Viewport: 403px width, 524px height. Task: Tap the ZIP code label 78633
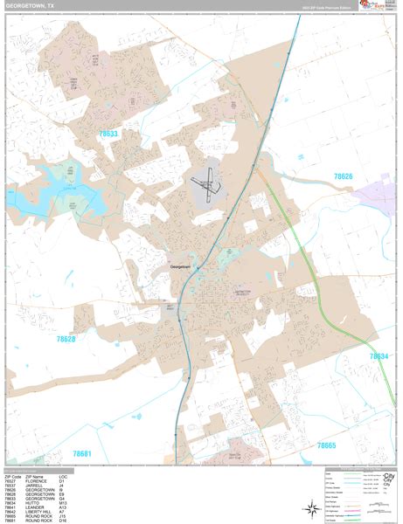click(x=109, y=134)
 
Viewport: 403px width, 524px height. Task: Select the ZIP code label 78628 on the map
click(x=66, y=339)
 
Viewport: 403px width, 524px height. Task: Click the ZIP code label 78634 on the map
click(x=378, y=356)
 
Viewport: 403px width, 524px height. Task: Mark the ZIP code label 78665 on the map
click(x=325, y=445)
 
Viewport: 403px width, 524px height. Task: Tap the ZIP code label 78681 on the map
click(x=82, y=453)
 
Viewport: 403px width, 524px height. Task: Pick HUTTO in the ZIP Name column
click(x=33, y=503)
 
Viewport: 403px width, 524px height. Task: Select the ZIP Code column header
click(x=12, y=477)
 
